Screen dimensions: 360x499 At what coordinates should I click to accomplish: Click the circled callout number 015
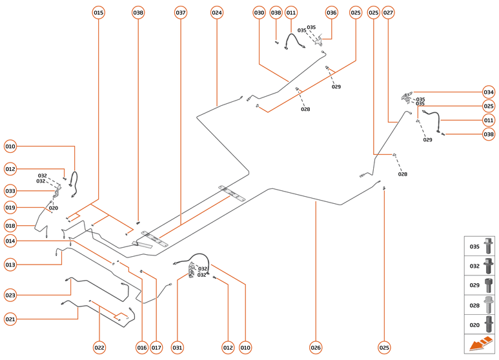point(98,12)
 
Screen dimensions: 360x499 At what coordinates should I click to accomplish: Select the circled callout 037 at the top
point(181,12)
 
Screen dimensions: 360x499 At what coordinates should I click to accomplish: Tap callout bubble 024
point(217,12)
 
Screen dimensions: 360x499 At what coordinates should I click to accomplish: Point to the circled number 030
point(260,12)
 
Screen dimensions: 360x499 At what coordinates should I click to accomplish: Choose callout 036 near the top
point(331,12)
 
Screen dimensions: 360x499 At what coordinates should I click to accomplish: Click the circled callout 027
point(388,12)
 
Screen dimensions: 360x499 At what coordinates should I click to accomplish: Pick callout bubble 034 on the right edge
point(489,92)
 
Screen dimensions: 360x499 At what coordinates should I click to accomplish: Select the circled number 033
point(10,191)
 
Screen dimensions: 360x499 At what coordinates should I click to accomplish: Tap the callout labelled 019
point(10,208)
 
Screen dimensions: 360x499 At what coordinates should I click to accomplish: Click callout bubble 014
point(10,241)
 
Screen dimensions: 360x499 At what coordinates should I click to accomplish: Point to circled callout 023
point(10,295)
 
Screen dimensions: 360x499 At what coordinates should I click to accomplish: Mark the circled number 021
point(10,319)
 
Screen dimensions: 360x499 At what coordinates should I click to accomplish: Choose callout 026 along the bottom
point(315,348)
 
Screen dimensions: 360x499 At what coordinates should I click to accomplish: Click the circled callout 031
point(177,348)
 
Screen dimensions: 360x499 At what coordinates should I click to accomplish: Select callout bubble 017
point(156,348)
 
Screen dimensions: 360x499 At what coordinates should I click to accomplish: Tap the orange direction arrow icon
point(480,345)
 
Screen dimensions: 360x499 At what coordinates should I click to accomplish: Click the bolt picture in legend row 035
point(489,246)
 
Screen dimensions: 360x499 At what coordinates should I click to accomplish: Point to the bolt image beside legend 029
point(489,285)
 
